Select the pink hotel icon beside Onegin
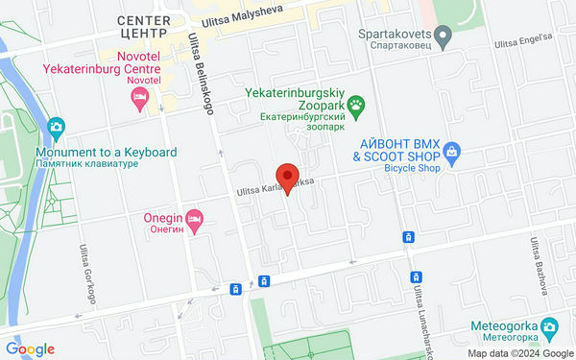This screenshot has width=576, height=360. [x=195, y=220]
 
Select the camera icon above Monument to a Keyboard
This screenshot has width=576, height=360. [x=55, y=127]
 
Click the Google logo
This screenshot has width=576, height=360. [x=29, y=349]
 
